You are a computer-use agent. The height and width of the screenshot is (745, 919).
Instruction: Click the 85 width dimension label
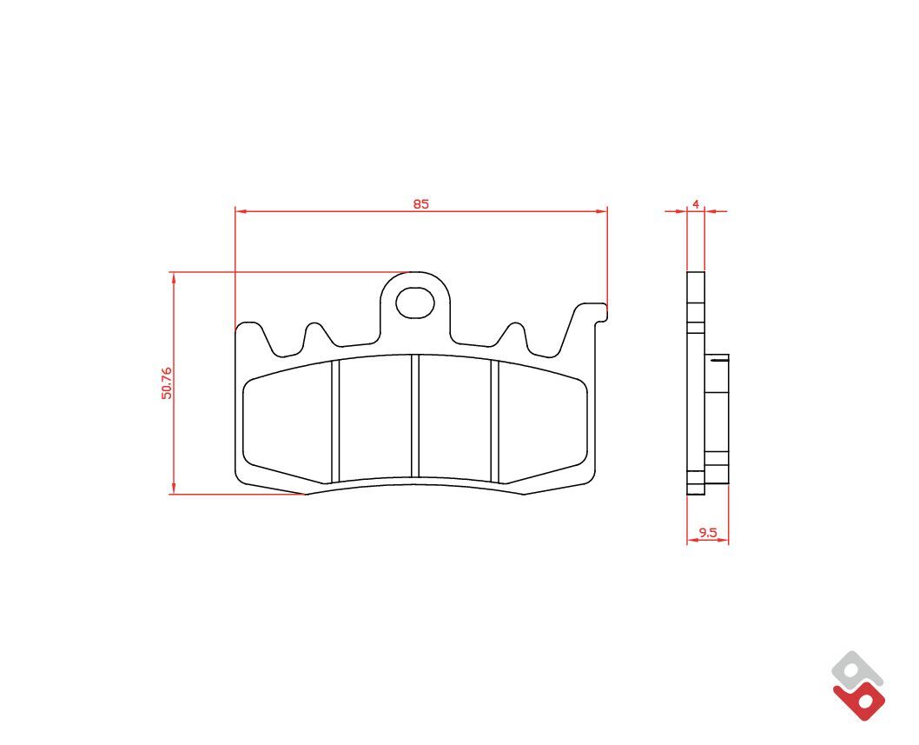pyautogui.click(x=420, y=204)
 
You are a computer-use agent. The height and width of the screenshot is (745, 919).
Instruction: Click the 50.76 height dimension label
pyautogui.click(x=167, y=383)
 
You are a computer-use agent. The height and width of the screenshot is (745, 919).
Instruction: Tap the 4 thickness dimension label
pyautogui.click(x=696, y=204)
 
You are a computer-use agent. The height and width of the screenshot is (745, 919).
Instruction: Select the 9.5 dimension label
pyautogui.click(x=708, y=533)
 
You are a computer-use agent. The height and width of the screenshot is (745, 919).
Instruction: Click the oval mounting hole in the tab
pyautogui.click(x=415, y=303)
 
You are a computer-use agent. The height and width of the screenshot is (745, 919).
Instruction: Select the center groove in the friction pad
pyautogui.click(x=415, y=416)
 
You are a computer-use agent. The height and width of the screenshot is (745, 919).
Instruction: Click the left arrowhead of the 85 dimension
pyautogui.click(x=240, y=211)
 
